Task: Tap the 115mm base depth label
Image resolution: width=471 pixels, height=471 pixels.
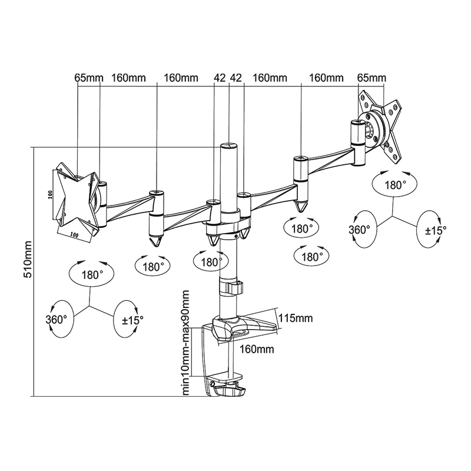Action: [296, 319]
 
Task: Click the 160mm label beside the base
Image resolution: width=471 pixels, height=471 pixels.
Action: [257, 349]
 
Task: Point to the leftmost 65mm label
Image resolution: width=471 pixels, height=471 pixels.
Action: [89, 78]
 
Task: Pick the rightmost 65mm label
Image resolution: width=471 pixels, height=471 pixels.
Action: [372, 78]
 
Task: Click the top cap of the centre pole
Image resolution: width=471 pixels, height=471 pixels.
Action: [228, 145]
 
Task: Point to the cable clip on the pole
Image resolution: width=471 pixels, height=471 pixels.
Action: [233, 288]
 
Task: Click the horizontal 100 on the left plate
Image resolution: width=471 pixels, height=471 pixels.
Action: [75, 234]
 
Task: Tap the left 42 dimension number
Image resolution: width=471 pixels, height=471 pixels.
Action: [220, 78]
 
